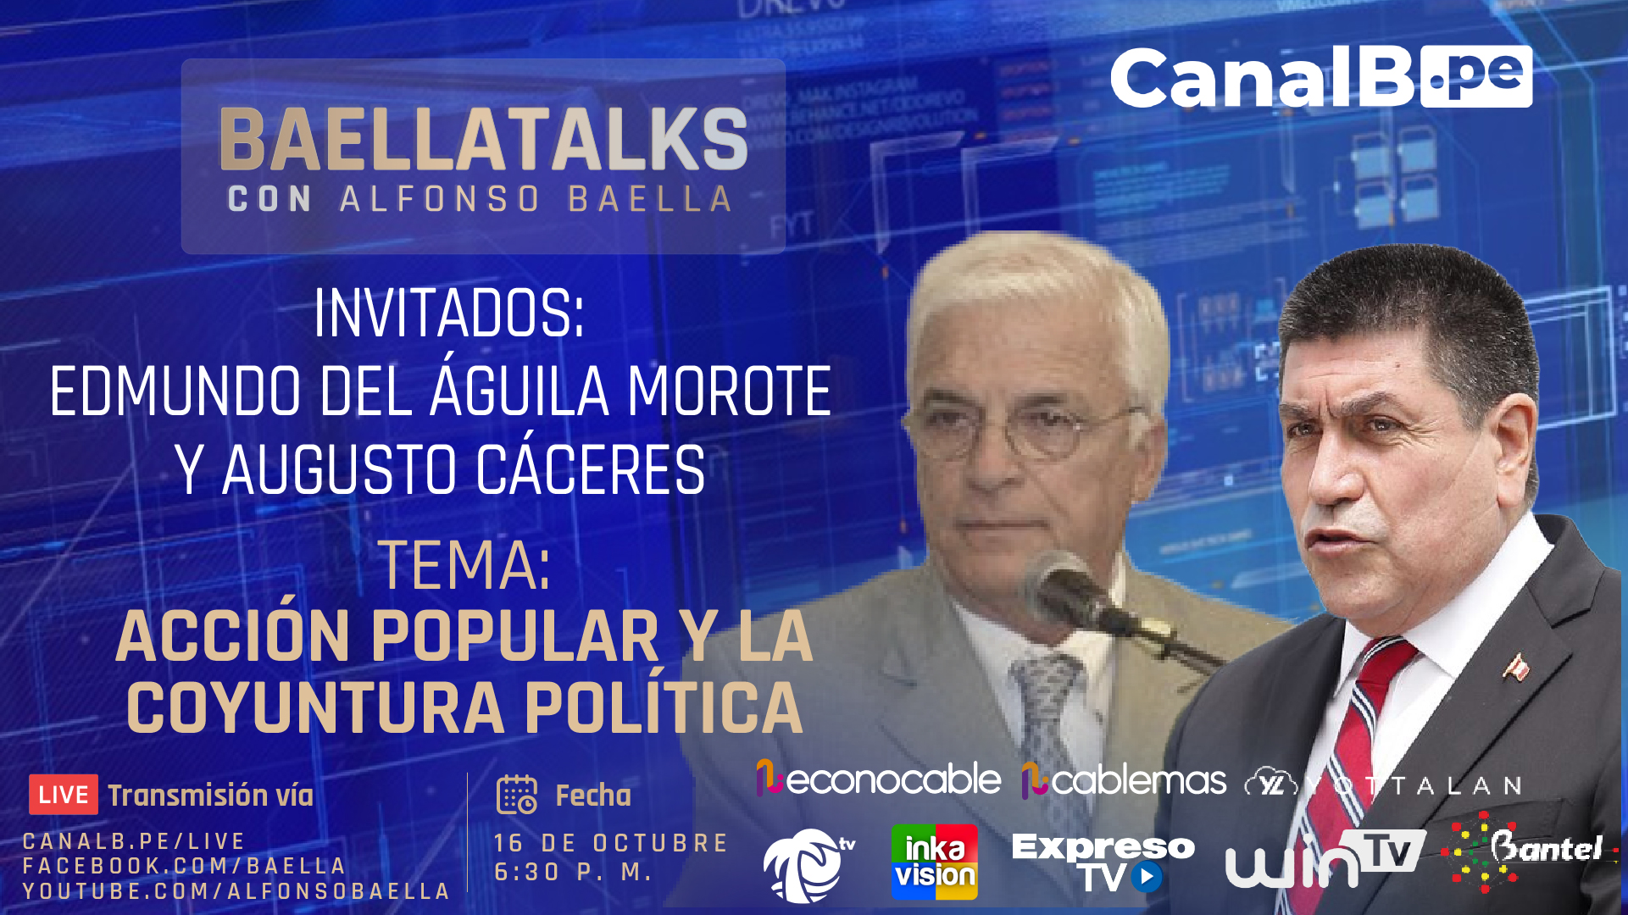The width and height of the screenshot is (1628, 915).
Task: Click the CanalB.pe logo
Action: pyautogui.click(x=1321, y=77)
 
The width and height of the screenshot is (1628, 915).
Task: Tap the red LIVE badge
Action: pyautogui.click(x=64, y=795)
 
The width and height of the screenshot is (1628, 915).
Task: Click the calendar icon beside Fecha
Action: pyautogui.click(x=517, y=795)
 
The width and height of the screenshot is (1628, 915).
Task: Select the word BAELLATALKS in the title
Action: pyautogui.click(x=483, y=140)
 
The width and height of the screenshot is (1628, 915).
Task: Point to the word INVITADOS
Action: pyautogui.click(x=449, y=313)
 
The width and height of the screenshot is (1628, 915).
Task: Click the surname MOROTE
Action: pyautogui.click(x=729, y=391)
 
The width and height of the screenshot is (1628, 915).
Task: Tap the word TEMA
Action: pyautogui.click(x=464, y=566)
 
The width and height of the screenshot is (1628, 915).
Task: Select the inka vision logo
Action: pyautogui.click(x=934, y=862)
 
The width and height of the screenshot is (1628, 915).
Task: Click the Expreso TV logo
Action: pyautogui.click(x=1103, y=862)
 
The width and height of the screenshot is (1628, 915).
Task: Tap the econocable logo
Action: pyautogui.click(x=878, y=779)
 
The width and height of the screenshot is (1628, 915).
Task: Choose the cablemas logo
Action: pyautogui.click(x=1124, y=780)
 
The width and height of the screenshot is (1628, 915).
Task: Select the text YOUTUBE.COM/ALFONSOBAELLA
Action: pyautogui.click(x=236, y=891)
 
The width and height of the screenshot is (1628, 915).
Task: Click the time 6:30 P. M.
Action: pyautogui.click(x=573, y=872)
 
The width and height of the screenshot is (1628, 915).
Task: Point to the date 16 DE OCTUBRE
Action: pyautogui.click(x=611, y=843)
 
